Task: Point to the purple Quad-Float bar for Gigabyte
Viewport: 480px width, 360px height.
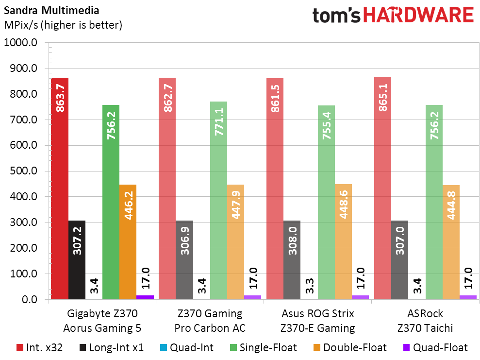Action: click(145, 297)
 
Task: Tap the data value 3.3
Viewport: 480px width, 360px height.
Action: click(309, 284)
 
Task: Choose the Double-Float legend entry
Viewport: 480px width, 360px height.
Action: click(349, 347)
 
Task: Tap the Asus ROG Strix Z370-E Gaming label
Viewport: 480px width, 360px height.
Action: click(317, 321)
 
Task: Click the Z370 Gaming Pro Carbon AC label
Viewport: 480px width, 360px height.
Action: click(210, 321)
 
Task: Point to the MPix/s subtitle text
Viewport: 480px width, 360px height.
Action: click(63, 25)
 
